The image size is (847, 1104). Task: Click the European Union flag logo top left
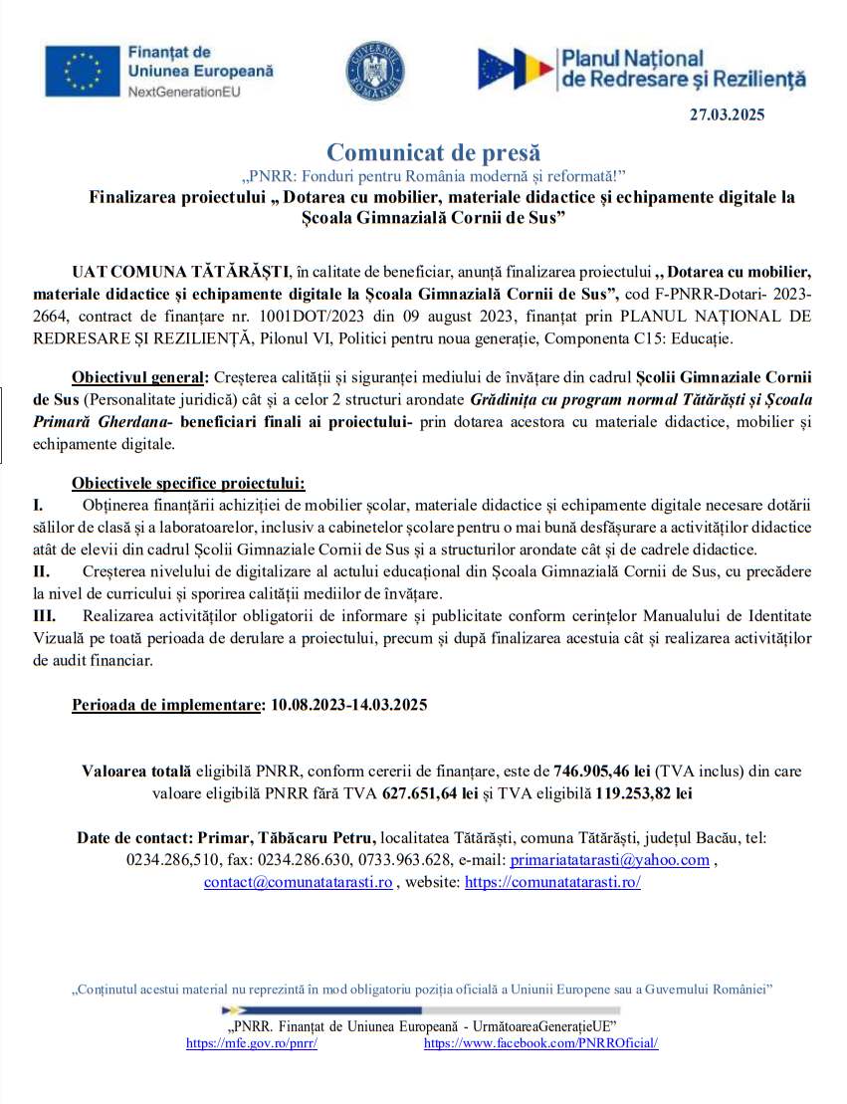coord(81,70)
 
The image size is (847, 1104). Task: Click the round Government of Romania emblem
coord(374,71)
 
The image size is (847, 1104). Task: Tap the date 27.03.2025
coord(727,114)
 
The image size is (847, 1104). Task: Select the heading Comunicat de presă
coord(433,152)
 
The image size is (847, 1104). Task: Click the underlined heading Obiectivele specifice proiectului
coord(188,484)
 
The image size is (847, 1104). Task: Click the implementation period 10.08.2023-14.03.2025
coord(347,705)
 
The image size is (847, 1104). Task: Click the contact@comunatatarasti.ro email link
coord(298,882)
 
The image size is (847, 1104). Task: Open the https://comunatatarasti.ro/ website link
coord(552,882)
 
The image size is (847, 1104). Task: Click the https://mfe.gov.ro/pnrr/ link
coord(252,1043)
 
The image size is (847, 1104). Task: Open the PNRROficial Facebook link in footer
coord(540,1043)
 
